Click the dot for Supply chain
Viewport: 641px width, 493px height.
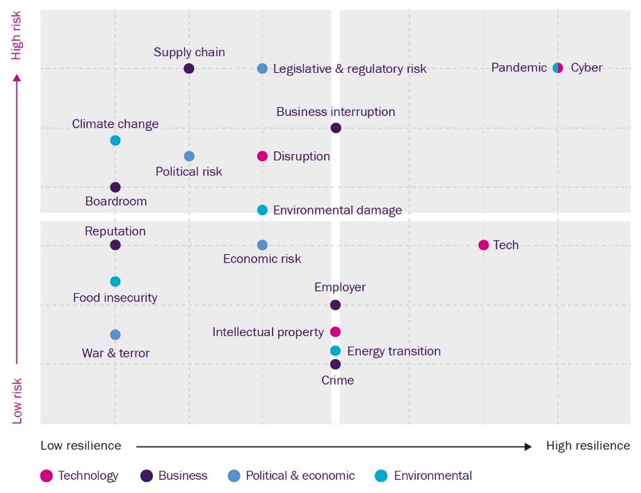pos(189,68)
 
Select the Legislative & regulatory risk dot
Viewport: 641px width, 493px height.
pos(262,68)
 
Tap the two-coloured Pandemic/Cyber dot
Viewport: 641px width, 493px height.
pos(558,68)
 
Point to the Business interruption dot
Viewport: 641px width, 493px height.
pos(336,128)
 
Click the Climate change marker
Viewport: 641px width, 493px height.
pos(115,140)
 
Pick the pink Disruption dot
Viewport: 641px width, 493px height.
pos(262,156)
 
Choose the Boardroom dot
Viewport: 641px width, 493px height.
pos(115,187)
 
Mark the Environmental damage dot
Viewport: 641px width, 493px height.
pos(262,210)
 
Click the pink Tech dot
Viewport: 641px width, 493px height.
pos(484,245)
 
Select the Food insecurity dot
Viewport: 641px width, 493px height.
pos(115,281)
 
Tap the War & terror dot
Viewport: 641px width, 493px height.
pos(115,335)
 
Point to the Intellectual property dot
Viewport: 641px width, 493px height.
pos(336,332)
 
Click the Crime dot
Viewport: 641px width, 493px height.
pos(336,364)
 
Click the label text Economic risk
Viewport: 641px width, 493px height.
pos(262,259)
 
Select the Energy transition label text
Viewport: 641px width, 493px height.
pos(393,351)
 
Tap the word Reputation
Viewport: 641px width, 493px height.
pos(115,231)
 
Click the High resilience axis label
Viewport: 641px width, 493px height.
pos(588,446)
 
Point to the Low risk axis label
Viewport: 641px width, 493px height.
pos(17,401)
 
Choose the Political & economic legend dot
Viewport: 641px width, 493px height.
pos(234,476)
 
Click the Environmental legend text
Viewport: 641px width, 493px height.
pos(432,476)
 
